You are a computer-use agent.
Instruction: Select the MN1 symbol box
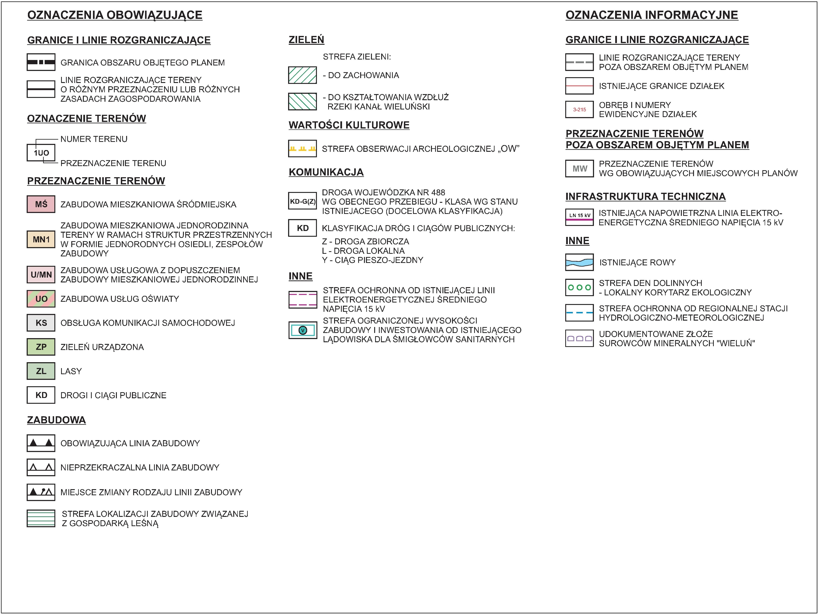41,239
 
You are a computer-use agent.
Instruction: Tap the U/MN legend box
41,274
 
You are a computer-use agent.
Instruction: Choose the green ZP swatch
41,347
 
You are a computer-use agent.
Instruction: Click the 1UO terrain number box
41,153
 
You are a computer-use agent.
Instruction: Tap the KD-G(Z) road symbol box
302,201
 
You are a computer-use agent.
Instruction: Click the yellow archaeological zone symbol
302,148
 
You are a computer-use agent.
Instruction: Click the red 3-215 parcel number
579,109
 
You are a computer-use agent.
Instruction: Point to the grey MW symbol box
579,169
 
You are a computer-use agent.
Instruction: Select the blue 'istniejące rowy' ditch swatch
579,262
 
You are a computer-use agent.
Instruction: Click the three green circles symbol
579,287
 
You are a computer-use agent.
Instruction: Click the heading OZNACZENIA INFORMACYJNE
652,15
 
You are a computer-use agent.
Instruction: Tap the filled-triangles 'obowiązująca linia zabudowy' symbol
41,443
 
